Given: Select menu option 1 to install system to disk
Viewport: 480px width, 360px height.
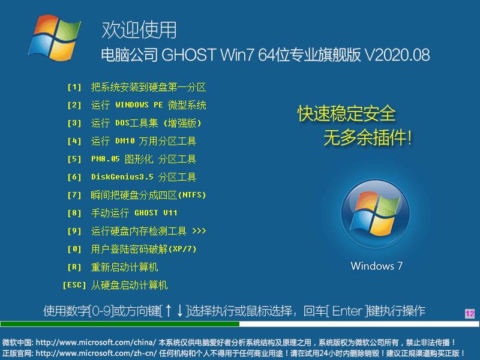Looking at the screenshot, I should coord(148,87).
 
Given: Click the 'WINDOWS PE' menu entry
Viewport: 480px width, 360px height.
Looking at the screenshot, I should coord(148,105).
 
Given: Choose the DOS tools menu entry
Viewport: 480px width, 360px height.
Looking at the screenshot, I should coord(146,123).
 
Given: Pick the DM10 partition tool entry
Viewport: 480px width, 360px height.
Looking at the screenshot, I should coord(143,141).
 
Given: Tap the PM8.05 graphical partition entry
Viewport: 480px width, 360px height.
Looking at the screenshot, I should coord(143,159).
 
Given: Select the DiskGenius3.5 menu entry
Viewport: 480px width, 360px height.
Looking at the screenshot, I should coord(143,177).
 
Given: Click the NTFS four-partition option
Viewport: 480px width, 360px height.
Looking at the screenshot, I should coord(148,195).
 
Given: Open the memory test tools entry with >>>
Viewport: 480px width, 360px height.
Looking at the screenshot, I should coord(148,231).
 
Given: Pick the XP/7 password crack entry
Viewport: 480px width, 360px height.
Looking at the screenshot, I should coord(143,249).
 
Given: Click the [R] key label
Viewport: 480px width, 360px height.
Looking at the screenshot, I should coord(74,267).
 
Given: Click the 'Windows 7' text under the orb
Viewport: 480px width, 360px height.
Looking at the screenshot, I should coord(377,266).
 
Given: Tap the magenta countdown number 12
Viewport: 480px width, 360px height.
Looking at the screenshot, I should coord(469,314).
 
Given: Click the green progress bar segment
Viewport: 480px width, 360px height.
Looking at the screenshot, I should coord(120,324).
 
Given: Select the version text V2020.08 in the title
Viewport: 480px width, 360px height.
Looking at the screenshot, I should coord(397,55).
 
